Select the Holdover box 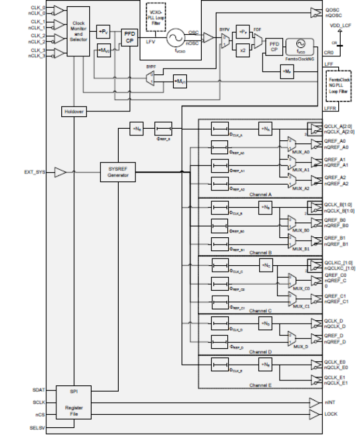[74, 111]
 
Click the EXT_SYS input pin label [35, 172]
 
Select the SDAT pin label [39, 389]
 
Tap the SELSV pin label [38, 428]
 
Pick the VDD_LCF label [340, 25]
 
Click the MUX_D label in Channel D [301, 347]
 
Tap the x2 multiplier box [242, 50]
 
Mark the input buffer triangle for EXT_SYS [60, 172]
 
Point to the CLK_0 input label [39, 8]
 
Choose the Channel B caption [261, 252]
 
